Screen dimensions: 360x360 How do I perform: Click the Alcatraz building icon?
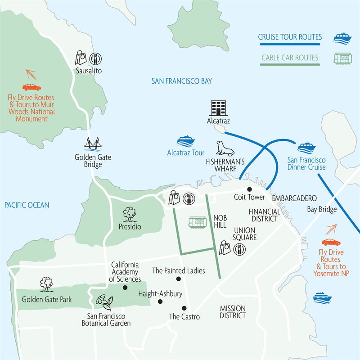click(218, 108)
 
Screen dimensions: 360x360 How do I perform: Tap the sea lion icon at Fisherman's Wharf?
click(225, 148)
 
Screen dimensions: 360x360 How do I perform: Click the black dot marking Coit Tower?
click(249, 189)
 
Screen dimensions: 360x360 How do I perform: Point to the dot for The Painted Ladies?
click(178, 279)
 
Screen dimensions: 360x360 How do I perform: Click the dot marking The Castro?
click(184, 308)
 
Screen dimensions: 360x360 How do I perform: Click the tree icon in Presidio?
click(130, 213)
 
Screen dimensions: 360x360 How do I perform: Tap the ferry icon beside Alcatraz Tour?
click(185, 142)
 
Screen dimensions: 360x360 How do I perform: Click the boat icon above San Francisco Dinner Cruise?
click(306, 148)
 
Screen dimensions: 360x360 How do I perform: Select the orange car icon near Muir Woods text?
click(31, 87)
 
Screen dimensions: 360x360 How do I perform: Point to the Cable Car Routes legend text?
click(290, 58)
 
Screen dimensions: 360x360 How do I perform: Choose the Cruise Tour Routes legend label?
click(290, 37)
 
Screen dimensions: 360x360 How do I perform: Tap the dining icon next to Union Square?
click(239, 248)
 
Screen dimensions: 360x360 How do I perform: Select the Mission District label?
click(233, 312)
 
